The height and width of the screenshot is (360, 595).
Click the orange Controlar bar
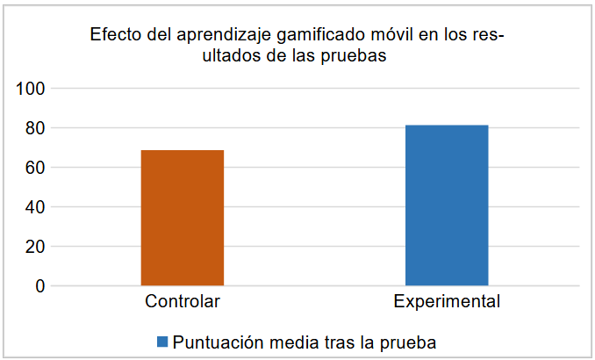pyautogui.click(x=182, y=218)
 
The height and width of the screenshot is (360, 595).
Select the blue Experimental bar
pyautogui.click(x=447, y=205)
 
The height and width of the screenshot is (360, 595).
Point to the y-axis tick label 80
pyautogui.click(x=35, y=128)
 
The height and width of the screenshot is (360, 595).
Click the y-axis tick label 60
pyautogui.click(x=35, y=168)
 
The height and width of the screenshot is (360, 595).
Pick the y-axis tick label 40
pyautogui.click(x=35, y=207)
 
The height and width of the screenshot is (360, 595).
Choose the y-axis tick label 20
pyautogui.click(x=35, y=247)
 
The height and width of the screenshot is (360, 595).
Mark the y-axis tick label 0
pyautogui.click(x=39, y=286)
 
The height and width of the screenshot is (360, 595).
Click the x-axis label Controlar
pyautogui.click(x=182, y=302)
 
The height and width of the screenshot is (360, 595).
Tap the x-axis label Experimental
pyautogui.click(x=447, y=302)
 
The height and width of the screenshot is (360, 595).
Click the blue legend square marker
pyautogui.click(x=162, y=341)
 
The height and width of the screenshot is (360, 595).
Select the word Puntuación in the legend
pyautogui.click(x=215, y=341)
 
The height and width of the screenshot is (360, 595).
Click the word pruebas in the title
pyautogui.click(x=357, y=56)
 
